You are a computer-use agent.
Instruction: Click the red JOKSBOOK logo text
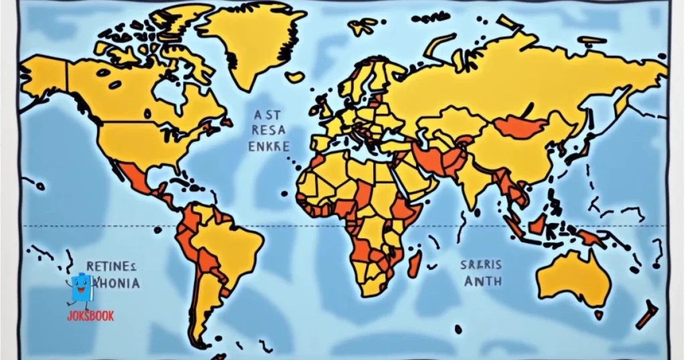point(90,316)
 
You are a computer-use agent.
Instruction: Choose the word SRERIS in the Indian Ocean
point(481,265)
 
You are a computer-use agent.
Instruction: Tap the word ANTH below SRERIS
point(482,281)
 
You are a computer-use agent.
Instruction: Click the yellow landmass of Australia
point(574,278)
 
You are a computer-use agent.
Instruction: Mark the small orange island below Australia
point(599,314)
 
